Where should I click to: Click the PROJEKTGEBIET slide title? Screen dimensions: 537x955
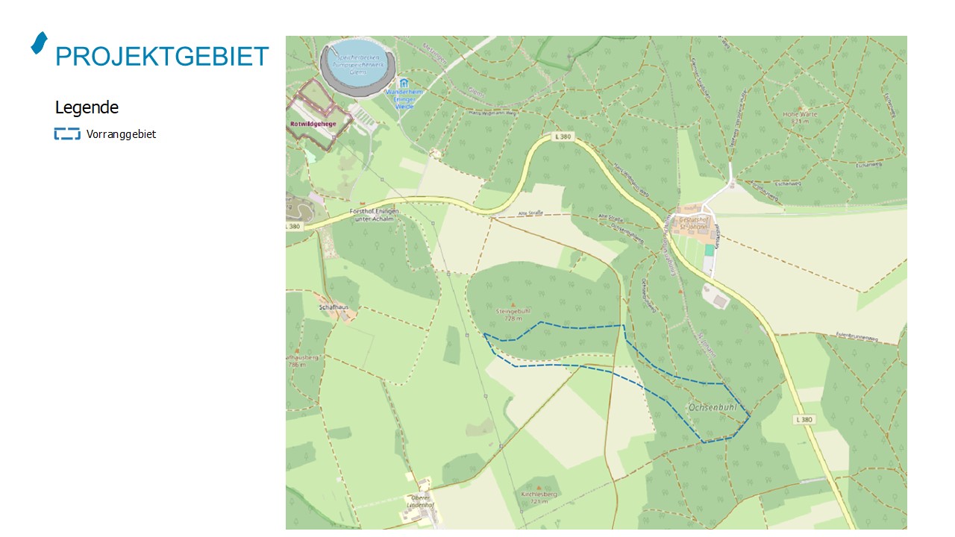[162, 57]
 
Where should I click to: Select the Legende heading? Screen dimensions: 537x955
[87, 107]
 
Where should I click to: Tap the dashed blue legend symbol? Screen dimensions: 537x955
[67, 134]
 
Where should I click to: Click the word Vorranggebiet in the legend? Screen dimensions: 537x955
[121, 135]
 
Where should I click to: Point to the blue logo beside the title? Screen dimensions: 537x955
[39, 43]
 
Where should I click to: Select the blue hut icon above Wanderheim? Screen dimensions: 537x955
[404, 82]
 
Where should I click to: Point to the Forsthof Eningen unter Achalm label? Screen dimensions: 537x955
[375, 215]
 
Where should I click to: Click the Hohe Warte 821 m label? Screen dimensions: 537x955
[795, 117]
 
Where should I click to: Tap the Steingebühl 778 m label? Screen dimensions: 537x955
[512, 314]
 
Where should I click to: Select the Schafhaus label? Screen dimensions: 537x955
[334, 307]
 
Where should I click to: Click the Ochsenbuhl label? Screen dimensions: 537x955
[713, 408]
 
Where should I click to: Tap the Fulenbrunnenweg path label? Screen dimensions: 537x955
[857, 337]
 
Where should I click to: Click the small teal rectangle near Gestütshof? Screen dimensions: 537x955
[709, 251]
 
